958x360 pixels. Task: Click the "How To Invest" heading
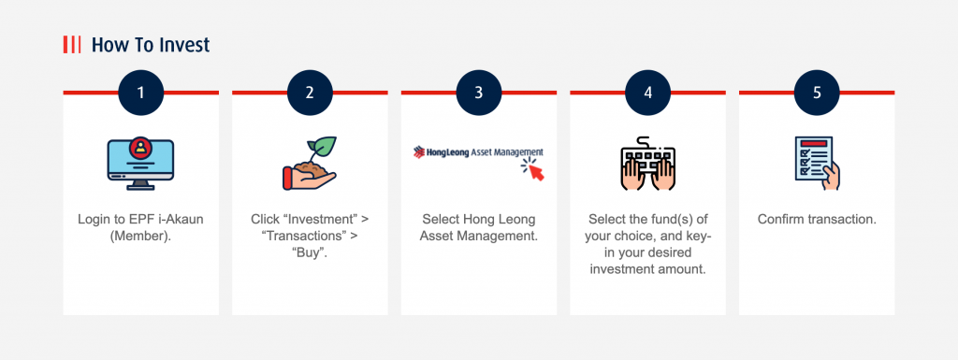tap(151, 45)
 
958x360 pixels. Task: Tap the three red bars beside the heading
tap(71, 45)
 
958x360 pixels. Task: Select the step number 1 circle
tap(141, 93)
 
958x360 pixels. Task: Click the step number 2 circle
tap(310, 93)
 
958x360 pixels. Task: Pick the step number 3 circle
tap(479, 93)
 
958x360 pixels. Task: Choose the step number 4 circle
tap(647, 93)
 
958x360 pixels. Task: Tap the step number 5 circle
tap(817, 93)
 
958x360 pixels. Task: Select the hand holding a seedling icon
tap(309, 164)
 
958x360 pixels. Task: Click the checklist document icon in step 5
tap(816, 162)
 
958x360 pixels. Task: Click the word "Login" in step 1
tap(93, 219)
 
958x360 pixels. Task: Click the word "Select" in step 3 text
tap(443, 219)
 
